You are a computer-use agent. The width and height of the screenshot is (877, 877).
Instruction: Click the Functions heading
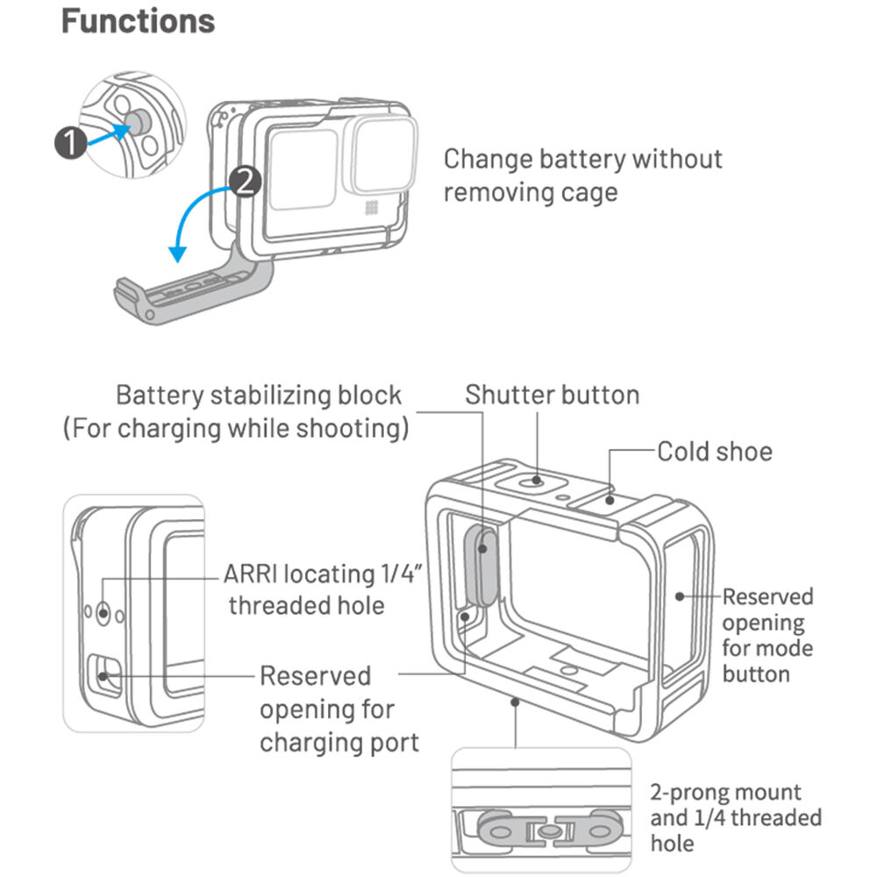pos(138,21)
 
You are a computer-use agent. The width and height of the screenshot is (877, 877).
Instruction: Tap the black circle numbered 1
pos(70,142)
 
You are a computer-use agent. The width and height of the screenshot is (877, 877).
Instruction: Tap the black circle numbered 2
pos(245,181)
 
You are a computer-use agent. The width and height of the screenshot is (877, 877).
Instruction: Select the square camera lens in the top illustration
pos(383,155)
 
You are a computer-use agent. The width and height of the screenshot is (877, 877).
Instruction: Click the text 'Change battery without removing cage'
pos(582,175)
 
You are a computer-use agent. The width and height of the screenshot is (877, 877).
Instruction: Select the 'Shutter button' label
pos(553,395)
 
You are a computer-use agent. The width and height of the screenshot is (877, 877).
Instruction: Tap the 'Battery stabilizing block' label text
pos(259,395)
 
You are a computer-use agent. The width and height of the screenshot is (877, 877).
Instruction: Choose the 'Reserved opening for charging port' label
pos(339,709)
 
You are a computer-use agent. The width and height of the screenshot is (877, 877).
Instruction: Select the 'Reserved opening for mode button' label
pos(766,635)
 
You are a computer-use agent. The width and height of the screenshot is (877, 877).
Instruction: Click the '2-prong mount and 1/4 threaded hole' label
pos(735,817)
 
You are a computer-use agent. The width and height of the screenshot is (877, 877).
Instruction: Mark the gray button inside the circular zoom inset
pos(138,124)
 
